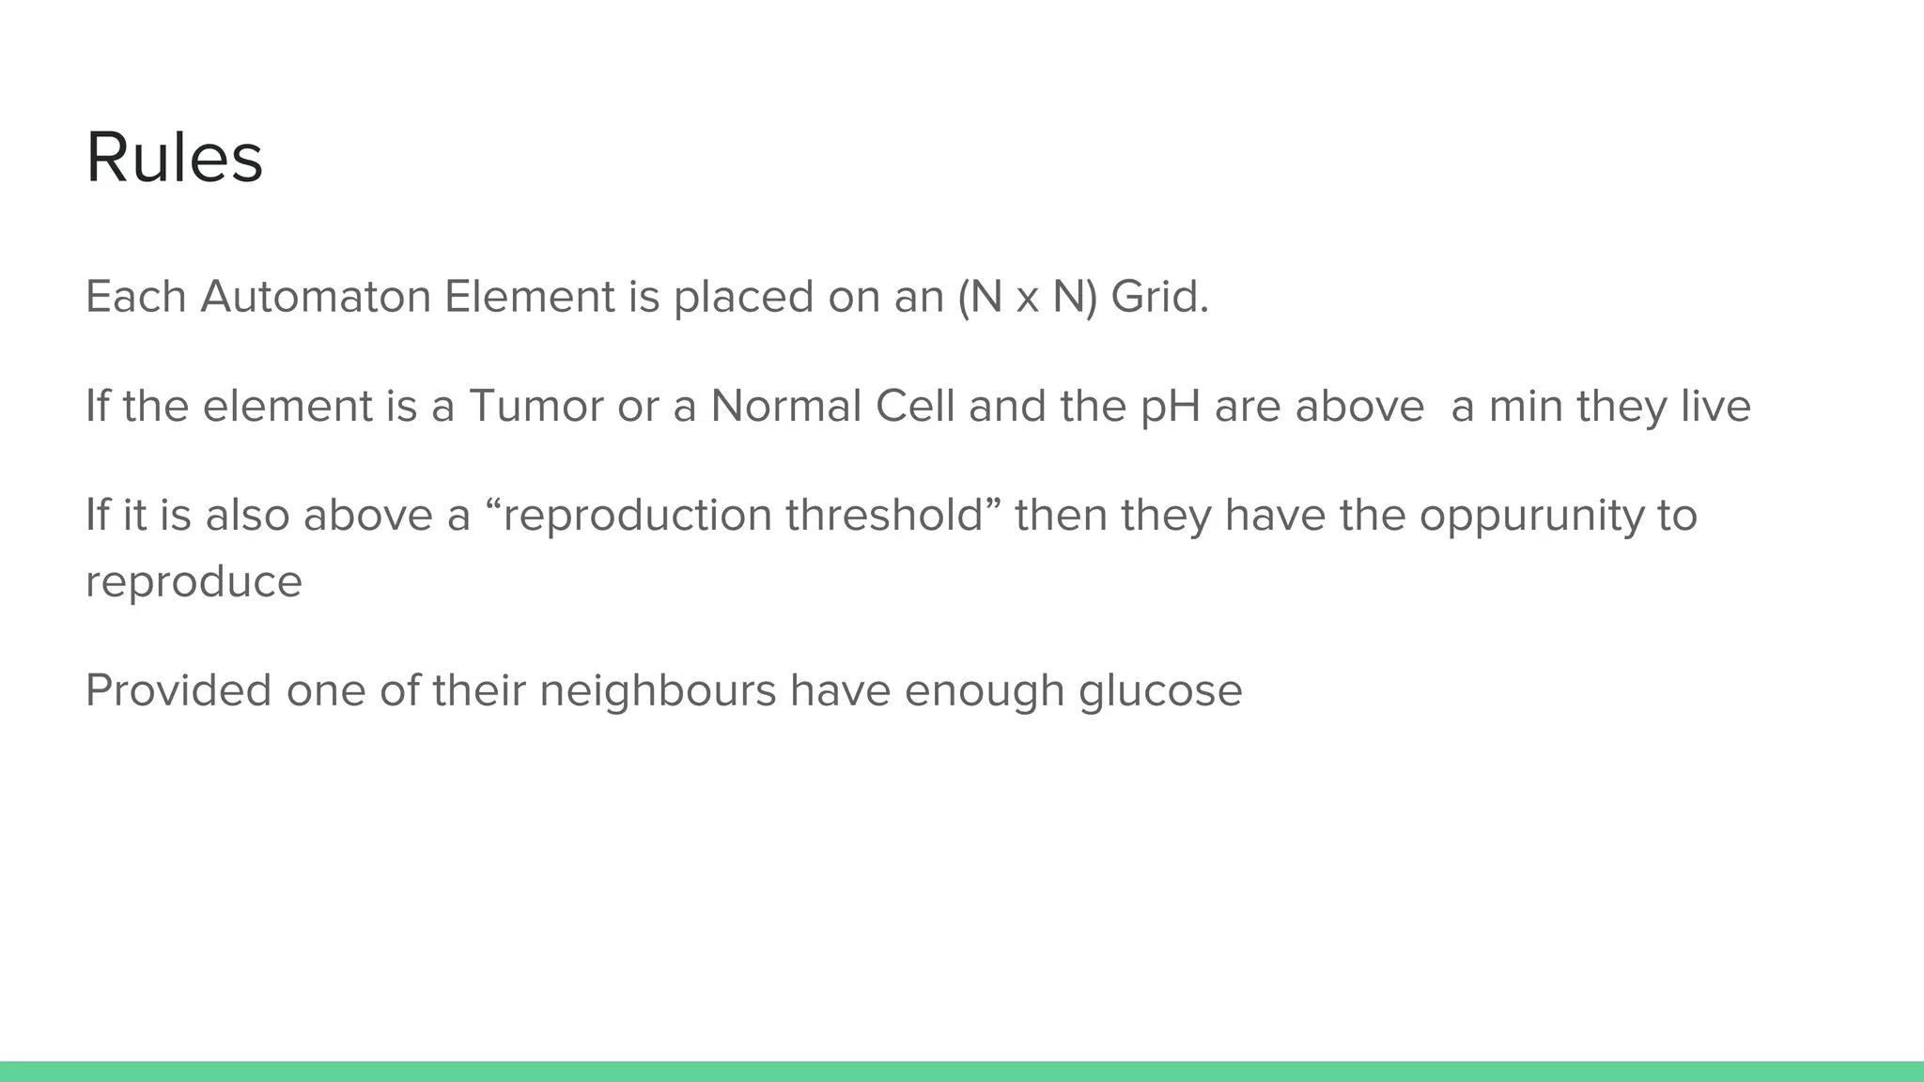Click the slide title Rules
pyautogui.click(x=174, y=158)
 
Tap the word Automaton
pyautogui.click(x=316, y=297)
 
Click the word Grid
pyautogui.click(x=1158, y=297)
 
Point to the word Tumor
pyautogui.click(x=535, y=407)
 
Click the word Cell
pyautogui.click(x=914, y=407)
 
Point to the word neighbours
pyautogui.click(x=658, y=691)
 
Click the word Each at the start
pyautogui.click(x=135, y=297)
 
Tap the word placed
pyautogui.click(x=743, y=299)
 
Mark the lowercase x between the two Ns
pyautogui.click(x=1027, y=300)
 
